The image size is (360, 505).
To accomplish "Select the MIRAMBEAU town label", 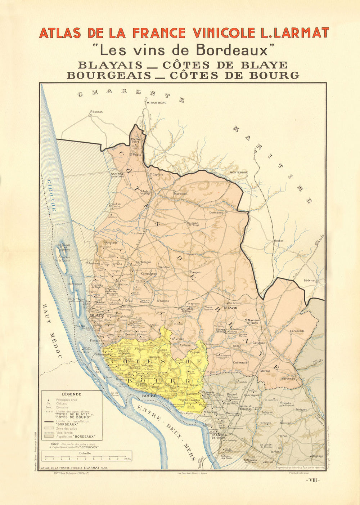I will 156,103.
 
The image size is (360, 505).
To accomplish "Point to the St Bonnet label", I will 96,112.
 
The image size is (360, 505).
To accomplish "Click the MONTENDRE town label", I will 239,173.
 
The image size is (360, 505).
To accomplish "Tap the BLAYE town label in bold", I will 97,315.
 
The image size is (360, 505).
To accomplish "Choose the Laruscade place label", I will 297,331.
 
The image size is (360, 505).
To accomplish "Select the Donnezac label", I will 216,213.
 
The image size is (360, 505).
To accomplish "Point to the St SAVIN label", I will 230,308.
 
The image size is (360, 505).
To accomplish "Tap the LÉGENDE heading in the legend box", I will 71,394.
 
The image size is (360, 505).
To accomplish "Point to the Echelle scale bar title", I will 85,453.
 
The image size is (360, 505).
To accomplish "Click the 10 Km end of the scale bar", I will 127,459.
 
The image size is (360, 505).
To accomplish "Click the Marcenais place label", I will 288,379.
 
